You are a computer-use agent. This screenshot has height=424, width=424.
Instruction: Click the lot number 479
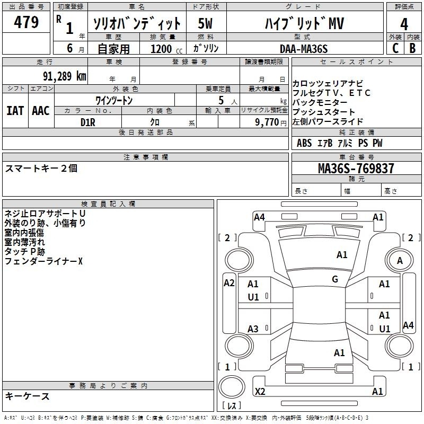pos(26,22)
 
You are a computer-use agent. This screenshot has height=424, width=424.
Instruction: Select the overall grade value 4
pos(404,24)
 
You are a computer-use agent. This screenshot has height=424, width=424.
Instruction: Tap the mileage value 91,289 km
pos(64,76)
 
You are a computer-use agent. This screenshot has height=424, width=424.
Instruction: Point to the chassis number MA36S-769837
pos(356,169)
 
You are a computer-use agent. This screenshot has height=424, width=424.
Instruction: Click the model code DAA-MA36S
pos(304,49)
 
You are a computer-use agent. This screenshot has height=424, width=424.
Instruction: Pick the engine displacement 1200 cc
pos(166,49)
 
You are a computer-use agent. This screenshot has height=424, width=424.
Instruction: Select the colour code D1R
pos(88,122)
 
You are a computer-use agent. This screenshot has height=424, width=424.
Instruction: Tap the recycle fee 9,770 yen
pos(270,122)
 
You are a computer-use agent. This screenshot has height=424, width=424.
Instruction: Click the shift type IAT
pos(15,111)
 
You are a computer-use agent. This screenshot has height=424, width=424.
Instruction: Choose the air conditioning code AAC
pos(41,111)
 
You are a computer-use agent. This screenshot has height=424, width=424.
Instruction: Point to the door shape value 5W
pos(205,23)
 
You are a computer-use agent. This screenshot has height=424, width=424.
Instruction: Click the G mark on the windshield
pos(335,279)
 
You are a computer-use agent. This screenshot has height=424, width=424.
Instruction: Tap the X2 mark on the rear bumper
pos(260,391)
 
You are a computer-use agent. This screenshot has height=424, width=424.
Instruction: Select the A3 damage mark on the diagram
pos(253,329)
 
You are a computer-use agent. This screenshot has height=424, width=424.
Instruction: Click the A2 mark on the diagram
pos(229,283)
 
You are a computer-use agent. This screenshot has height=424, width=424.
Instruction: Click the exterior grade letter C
pos(395,48)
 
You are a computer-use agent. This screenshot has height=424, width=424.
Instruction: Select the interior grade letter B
pos(412,48)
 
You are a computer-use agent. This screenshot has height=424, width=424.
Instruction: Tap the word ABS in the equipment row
pos(304,143)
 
